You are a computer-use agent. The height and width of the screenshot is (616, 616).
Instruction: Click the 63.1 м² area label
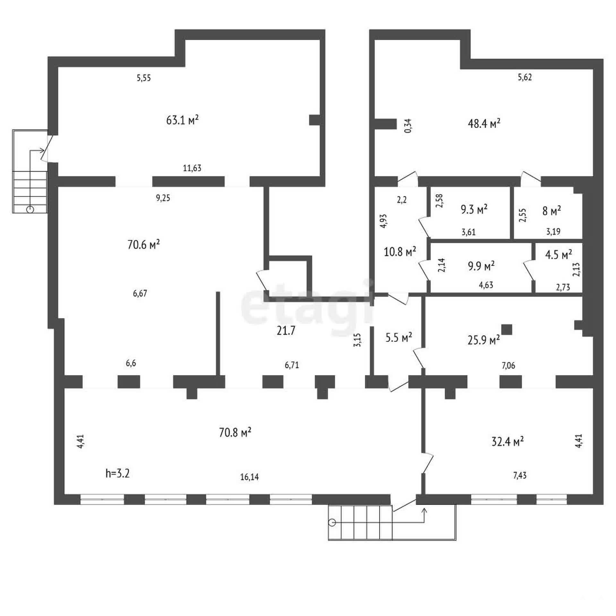click(183, 120)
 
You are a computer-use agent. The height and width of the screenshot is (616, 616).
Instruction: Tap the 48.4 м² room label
click(484, 123)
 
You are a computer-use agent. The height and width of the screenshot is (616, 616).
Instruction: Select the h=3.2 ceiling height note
click(117, 473)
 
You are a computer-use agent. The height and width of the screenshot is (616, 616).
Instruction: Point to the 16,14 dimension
click(249, 477)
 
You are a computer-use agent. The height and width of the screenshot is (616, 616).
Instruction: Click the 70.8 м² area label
click(235, 432)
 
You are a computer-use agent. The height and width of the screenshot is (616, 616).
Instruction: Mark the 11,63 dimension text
click(192, 168)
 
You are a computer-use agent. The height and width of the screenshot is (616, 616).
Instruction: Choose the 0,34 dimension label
click(408, 126)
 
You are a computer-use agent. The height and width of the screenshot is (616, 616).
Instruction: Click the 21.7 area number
click(286, 331)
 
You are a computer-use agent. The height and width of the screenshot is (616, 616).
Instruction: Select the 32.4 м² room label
click(508, 441)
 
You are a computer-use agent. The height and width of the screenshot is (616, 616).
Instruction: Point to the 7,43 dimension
click(520, 475)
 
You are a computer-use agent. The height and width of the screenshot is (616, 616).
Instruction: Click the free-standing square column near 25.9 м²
click(507, 329)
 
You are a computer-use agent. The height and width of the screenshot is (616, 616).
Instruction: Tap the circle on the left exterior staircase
click(30, 210)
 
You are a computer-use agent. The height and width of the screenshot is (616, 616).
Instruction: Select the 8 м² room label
click(552, 211)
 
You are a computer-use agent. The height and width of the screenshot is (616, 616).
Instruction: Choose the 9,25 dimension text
click(163, 198)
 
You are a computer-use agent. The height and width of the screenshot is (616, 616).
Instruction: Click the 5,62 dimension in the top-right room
click(525, 77)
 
